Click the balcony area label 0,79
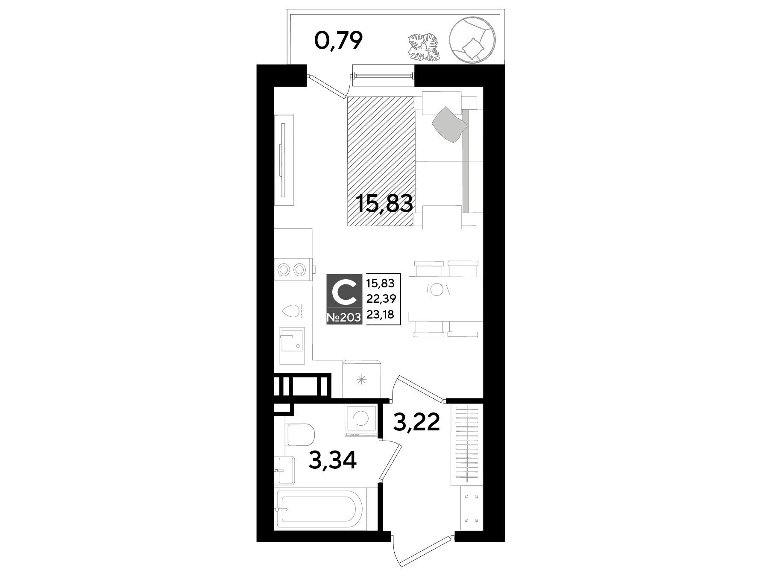338,42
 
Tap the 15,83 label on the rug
385,204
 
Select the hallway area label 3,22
416,423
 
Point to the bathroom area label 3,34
333,461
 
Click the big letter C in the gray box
345,293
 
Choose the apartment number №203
344,317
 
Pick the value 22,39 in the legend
381,299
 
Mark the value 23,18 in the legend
381,315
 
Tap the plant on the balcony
424,47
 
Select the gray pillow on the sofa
449,123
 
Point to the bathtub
320,509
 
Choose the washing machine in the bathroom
361,421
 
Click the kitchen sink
292,346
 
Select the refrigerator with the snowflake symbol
361,378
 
